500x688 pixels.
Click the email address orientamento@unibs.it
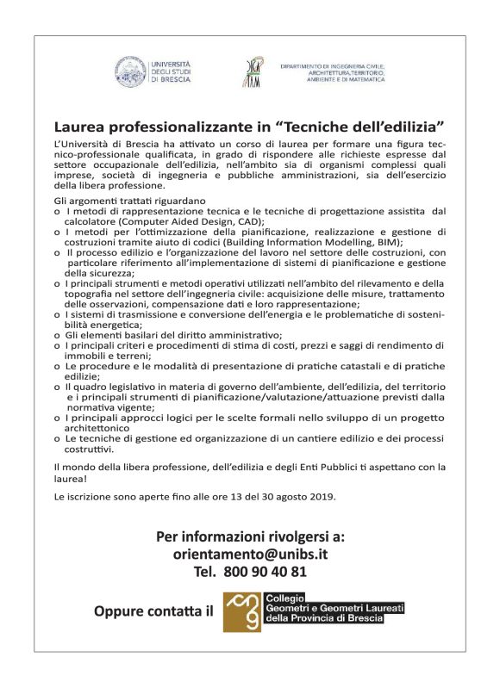point(250,553)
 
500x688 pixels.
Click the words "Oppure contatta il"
point(152,613)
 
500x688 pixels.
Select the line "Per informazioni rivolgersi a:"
point(250,536)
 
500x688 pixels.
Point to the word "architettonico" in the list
point(104,426)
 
